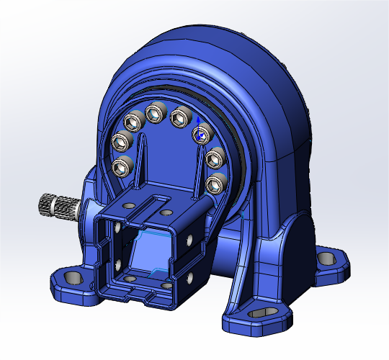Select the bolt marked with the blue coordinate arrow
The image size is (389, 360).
point(200,134)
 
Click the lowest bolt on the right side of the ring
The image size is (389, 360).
point(215,185)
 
